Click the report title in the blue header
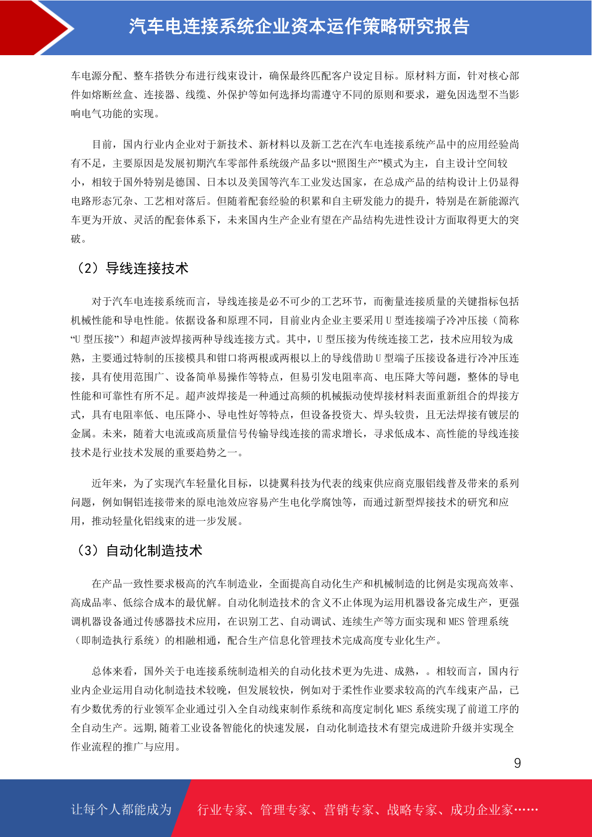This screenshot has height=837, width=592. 299,27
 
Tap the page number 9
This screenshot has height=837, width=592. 517,763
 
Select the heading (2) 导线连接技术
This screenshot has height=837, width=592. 132,268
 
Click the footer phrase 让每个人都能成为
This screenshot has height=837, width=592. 121,810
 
